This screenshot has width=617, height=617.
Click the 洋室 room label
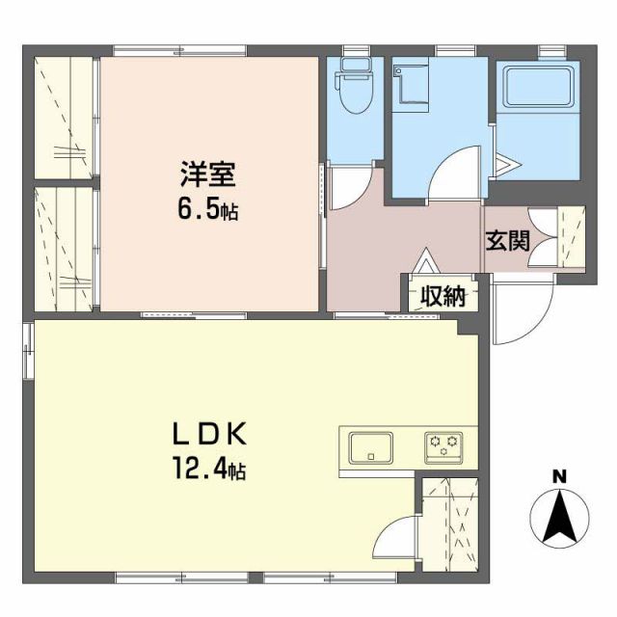pyautogui.click(x=207, y=176)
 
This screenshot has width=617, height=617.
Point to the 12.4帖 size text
pyautogui.click(x=209, y=471)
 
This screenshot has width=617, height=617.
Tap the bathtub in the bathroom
pyautogui.click(x=538, y=90)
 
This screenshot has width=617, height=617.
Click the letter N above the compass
pyautogui.click(x=557, y=476)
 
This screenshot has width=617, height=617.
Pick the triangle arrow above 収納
pyautogui.click(x=425, y=261)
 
